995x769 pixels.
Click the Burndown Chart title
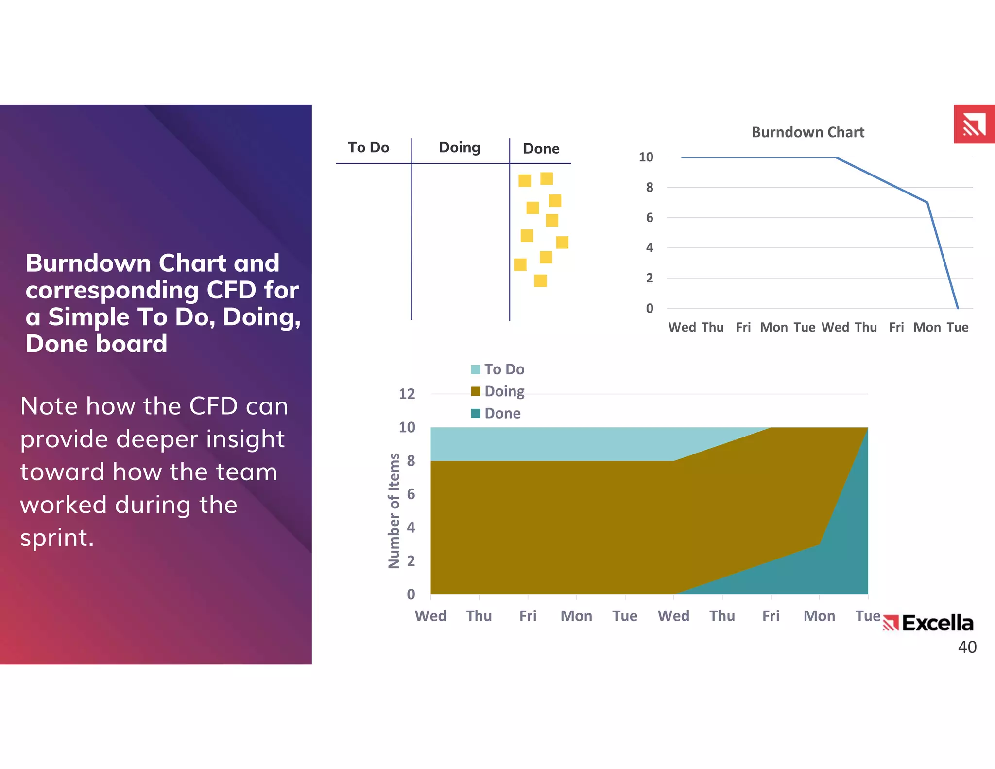[x=807, y=132]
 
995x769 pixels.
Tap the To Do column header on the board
[x=368, y=147]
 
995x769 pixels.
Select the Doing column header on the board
[x=459, y=147]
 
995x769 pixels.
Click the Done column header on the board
[x=541, y=148]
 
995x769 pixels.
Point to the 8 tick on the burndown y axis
[x=650, y=187]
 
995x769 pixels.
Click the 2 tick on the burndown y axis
[x=650, y=278]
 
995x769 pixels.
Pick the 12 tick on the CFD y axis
[x=407, y=394]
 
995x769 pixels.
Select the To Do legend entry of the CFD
[x=498, y=369]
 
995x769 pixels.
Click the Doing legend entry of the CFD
[x=498, y=391]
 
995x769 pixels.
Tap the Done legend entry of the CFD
[x=496, y=413]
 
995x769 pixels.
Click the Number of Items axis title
[x=394, y=510]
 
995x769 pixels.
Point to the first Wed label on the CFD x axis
[x=430, y=616]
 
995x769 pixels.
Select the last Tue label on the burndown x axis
[x=957, y=327]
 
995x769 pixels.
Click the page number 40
[x=967, y=647]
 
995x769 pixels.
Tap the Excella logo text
[x=937, y=623]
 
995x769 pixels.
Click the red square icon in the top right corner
[x=974, y=124]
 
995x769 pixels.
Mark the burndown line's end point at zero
[x=958, y=308]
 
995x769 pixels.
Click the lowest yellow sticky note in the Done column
[x=540, y=280]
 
